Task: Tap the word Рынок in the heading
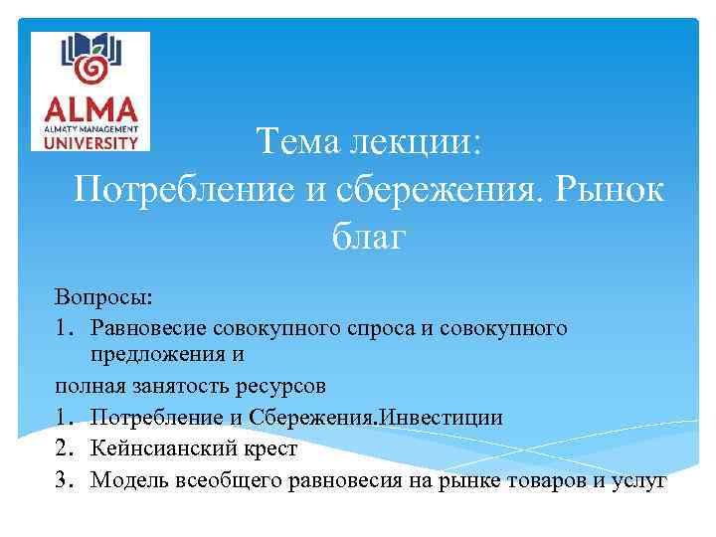[x=611, y=189]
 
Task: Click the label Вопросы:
[x=104, y=297]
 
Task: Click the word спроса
[x=378, y=327]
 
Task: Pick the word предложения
[x=152, y=353]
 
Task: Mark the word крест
[x=268, y=448]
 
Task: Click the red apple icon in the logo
[x=91, y=68]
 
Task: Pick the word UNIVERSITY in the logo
[x=90, y=142]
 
